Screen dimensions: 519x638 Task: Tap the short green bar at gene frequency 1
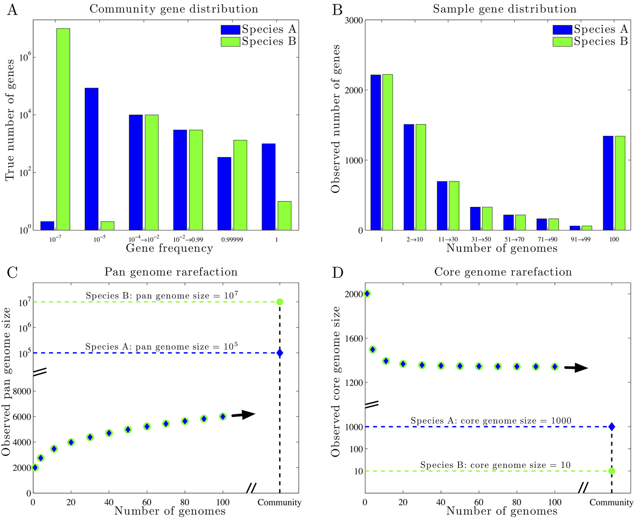pyautogui.click(x=284, y=216)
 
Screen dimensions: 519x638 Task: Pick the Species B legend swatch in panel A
pyautogui.click(x=230, y=42)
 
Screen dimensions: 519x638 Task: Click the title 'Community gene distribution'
pyautogui.click(x=173, y=9)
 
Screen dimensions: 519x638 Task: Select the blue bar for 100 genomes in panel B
pyautogui.click(x=608, y=183)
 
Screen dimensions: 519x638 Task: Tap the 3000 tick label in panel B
pyautogui.click(x=349, y=20)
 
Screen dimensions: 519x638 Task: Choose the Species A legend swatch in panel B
pyautogui.click(x=562, y=29)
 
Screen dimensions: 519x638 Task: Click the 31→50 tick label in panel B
pyautogui.click(x=481, y=240)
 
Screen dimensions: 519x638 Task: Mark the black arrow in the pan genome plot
pyautogui.click(x=243, y=415)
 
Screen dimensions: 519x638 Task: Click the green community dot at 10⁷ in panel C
pyautogui.click(x=280, y=302)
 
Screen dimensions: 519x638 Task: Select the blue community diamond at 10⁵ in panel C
pyautogui.click(x=280, y=353)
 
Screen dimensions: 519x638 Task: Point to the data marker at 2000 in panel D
pyautogui.click(x=367, y=294)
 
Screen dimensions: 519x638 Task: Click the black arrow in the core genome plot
pyautogui.click(x=576, y=368)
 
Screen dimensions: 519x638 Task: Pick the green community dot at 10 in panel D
pyautogui.click(x=612, y=471)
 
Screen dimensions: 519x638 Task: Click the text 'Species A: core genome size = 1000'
pyautogui.click(x=491, y=421)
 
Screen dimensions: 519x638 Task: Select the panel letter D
pyautogui.click(x=338, y=273)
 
